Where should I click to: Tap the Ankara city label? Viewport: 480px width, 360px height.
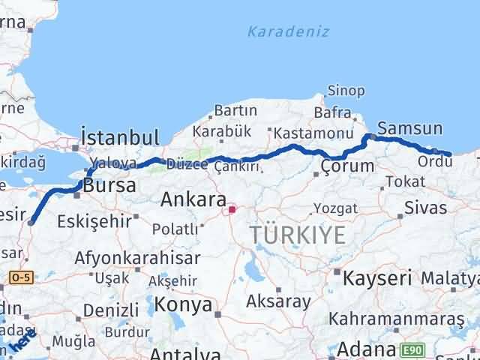193,200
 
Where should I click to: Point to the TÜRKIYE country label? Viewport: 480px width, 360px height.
298,235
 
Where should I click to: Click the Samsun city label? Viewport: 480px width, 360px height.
410,127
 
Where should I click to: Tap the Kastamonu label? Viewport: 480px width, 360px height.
313,133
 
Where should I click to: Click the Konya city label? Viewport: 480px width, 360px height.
184,304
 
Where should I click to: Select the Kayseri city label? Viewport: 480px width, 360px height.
376,278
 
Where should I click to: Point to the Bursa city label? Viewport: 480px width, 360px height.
109,184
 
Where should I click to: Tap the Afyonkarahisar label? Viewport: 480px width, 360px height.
137,258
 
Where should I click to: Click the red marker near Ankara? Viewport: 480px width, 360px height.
232,210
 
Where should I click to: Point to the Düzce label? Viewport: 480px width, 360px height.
187,164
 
